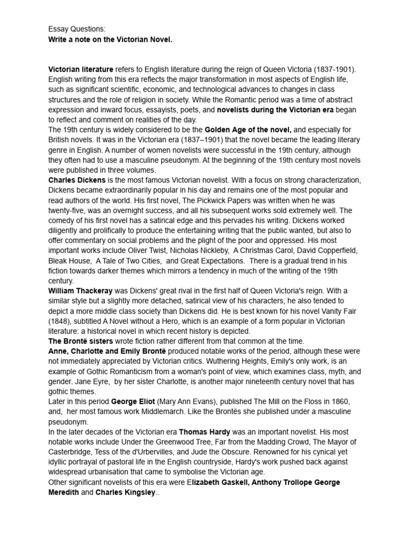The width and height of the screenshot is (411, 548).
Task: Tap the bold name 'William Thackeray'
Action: [80, 291]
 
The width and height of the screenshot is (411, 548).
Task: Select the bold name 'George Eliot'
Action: [134, 401]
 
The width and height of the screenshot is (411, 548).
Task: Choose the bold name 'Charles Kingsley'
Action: [126, 492]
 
